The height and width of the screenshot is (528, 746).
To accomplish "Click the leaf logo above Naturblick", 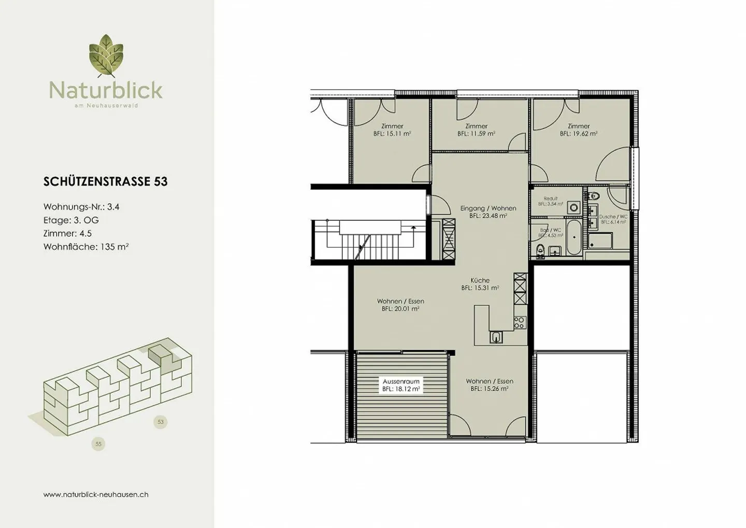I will coord(106,56).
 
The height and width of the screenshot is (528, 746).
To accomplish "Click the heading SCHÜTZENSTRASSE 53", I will coord(106,181).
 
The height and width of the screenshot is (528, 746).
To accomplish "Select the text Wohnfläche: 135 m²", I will coord(86,247).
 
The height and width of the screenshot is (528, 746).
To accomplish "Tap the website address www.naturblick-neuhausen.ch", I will coord(96,494).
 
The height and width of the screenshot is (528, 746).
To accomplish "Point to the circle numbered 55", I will coord(98,444).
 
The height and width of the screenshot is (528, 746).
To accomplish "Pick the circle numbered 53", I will coord(161,422).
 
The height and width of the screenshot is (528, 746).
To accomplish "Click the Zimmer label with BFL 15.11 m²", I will coord(392,130).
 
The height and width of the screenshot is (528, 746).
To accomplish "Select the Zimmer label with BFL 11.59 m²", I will coord(476,130).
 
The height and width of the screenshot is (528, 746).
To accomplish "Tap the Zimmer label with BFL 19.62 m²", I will coord(579,130).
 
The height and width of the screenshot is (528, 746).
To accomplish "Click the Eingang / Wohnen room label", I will coord(488,212).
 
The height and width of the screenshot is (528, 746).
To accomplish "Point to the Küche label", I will coord(480,284).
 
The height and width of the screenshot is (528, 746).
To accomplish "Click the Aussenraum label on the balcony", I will coord(401,385).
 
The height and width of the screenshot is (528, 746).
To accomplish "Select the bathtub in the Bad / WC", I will coord(573,238).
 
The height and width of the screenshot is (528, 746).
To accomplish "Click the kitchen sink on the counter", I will coord(496,337).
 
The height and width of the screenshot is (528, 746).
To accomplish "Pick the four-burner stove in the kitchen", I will coord(519,323).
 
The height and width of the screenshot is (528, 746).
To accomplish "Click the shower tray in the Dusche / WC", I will coord(600,241).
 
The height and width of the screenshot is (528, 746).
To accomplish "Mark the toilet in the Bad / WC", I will coord(540,252).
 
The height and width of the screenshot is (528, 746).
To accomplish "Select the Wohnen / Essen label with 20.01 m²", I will coord(400,305).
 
